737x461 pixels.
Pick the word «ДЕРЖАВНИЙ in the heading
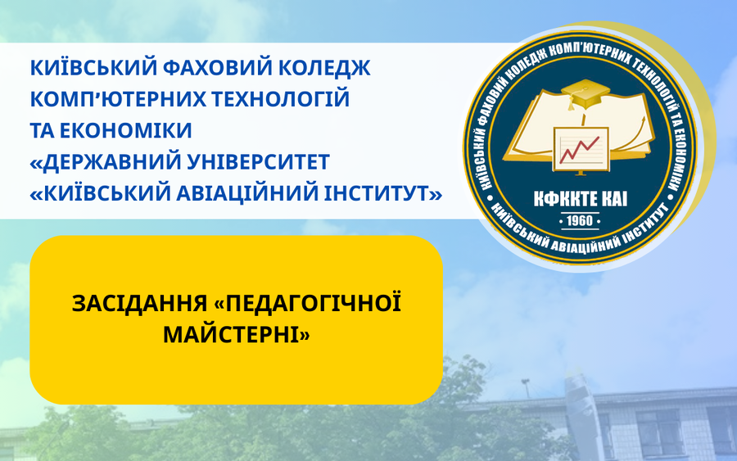tap(106, 162)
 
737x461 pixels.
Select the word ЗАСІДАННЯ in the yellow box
tap(139, 304)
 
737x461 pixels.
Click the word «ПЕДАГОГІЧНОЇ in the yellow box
tap(307, 303)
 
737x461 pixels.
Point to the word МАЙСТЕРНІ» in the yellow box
tap(236, 335)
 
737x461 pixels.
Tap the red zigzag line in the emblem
tap(579, 149)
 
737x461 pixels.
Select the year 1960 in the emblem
tap(580, 221)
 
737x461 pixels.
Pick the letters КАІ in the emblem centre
tap(615, 199)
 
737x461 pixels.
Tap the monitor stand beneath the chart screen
tap(581, 173)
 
